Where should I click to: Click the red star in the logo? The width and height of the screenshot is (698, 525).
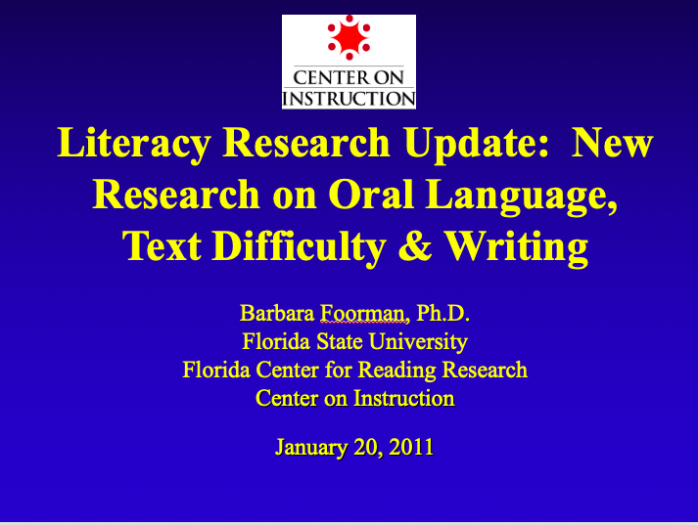[x=349, y=38]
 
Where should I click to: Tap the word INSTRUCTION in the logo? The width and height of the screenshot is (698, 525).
[x=349, y=98]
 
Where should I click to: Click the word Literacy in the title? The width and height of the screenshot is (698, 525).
[x=133, y=143]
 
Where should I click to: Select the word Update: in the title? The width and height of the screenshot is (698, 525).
[x=477, y=143]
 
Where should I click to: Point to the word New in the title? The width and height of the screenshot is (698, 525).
[x=613, y=143]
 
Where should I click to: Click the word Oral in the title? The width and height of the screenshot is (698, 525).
[x=371, y=195]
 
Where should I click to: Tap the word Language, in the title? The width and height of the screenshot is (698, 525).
[x=522, y=196]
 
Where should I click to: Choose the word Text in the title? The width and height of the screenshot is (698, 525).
[x=162, y=245]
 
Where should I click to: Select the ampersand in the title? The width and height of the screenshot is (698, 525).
[x=415, y=245]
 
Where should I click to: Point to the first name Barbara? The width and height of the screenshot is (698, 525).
[x=277, y=313]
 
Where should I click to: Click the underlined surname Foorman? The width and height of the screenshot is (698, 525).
[x=364, y=313]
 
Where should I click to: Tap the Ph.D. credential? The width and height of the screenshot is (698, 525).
[x=442, y=313]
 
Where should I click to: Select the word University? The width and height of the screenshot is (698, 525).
[x=418, y=342]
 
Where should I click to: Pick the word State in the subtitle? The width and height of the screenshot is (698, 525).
[x=340, y=341]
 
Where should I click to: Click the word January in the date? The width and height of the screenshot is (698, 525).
[x=311, y=447]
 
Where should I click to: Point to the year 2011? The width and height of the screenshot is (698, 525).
[x=411, y=447]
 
